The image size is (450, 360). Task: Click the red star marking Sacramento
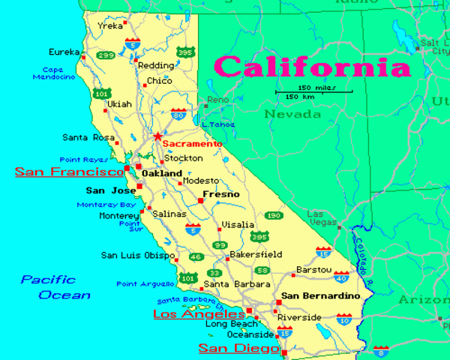157,136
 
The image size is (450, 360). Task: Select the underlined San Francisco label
69,172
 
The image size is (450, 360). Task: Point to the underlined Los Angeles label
199,313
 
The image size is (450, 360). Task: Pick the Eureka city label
64,52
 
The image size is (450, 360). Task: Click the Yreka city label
109,26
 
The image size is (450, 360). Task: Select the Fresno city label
222,194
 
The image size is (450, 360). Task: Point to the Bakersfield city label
256,254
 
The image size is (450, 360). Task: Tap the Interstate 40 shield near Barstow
340,278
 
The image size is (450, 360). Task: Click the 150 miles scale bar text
315,88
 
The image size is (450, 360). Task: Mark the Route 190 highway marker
274,215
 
